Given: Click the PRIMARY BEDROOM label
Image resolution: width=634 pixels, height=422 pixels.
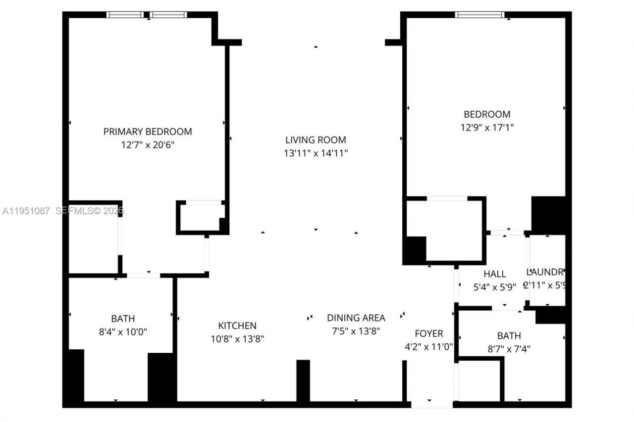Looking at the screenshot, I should [148, 132].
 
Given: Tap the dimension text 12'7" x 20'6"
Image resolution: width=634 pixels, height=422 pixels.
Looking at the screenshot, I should [148, 145].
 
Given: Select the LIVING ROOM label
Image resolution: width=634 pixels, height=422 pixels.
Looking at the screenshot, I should [316, 140].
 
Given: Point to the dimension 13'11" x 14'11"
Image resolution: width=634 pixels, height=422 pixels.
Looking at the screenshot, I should [316, 153].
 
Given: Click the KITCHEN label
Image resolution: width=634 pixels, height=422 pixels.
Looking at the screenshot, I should [237, 326].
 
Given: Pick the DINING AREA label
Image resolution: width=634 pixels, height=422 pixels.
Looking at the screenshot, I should [356, 318].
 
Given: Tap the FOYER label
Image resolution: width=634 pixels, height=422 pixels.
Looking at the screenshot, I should [429, 333].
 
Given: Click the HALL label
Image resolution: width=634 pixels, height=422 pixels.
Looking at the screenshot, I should [495, 274].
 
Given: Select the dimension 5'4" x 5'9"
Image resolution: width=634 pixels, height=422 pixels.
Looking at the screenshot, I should [495, 286].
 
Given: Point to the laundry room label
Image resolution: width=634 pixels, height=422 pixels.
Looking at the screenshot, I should [545, 272].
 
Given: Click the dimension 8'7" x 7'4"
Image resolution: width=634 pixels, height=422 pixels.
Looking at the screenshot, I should [509, 348].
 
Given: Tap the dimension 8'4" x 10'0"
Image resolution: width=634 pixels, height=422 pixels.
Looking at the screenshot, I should [123, 331].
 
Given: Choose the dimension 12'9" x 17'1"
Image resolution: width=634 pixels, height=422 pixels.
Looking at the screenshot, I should [487, 127].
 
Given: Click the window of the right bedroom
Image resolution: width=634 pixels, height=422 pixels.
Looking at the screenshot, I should [480, 15].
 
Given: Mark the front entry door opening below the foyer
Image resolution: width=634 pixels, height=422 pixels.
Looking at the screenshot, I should [432, 404].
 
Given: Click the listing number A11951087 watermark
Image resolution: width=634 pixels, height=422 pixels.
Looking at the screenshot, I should [26, 211].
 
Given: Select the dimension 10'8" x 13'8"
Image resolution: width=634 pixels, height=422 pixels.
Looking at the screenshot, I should [237, 339].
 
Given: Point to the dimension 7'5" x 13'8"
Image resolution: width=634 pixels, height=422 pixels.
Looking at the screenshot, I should [356, 331].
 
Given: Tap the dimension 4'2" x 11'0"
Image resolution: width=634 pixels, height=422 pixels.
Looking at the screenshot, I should [429, 347].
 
